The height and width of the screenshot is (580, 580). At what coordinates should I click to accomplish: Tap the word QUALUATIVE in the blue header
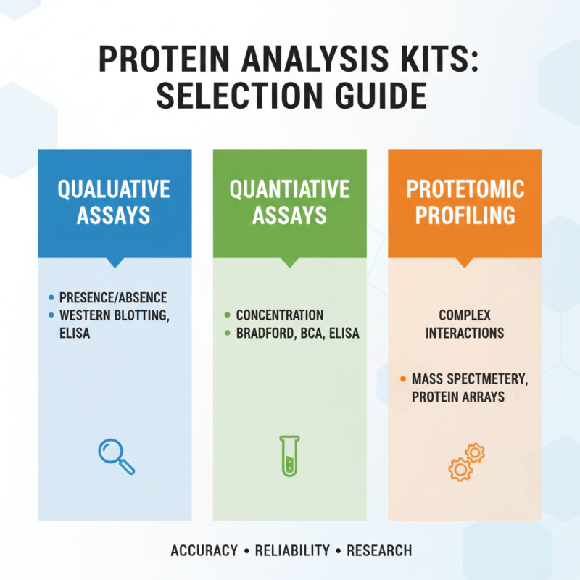pos(114,190)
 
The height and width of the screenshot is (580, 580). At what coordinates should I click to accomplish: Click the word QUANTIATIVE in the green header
pos(289,190)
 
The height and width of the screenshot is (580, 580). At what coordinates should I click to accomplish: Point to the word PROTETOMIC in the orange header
pos(465,190)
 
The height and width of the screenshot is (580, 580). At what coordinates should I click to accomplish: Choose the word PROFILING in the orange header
pos(465,215)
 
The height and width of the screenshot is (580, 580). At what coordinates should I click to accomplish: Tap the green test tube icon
pos(289,456)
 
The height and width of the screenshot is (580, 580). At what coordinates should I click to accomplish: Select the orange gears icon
pos(466,461)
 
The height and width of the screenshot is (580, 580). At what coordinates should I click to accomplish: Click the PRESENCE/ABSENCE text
pos(112,297)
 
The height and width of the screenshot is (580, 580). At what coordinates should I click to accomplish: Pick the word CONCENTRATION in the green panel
pos(280,315)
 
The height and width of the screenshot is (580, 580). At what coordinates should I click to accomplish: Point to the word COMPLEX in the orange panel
pos(465,315)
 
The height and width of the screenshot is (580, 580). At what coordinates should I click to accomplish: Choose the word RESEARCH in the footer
pos(379,551)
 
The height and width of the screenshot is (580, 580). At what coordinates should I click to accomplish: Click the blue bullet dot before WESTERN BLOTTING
pos(51,315)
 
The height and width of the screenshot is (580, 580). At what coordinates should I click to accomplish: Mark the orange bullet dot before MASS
pos(402,378)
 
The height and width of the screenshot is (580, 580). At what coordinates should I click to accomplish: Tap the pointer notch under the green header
pos(289,262)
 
